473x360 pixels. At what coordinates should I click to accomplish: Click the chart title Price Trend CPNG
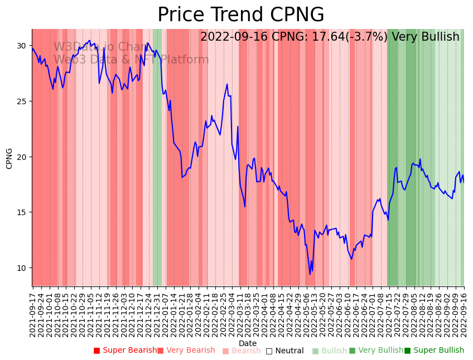pos(240,15)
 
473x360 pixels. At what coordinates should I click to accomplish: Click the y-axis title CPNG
pos(9,158)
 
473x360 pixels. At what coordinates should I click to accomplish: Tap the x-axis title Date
pos(248,343)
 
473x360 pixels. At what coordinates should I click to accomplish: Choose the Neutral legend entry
pos(285,351)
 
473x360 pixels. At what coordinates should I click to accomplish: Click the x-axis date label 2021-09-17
pos(32,312)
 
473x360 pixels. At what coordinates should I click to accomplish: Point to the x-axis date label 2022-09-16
pos(464,312)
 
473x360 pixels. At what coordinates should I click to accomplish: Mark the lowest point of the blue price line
pos(310,274)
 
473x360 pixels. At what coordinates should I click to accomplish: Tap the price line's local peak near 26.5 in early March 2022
pos(227,84)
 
